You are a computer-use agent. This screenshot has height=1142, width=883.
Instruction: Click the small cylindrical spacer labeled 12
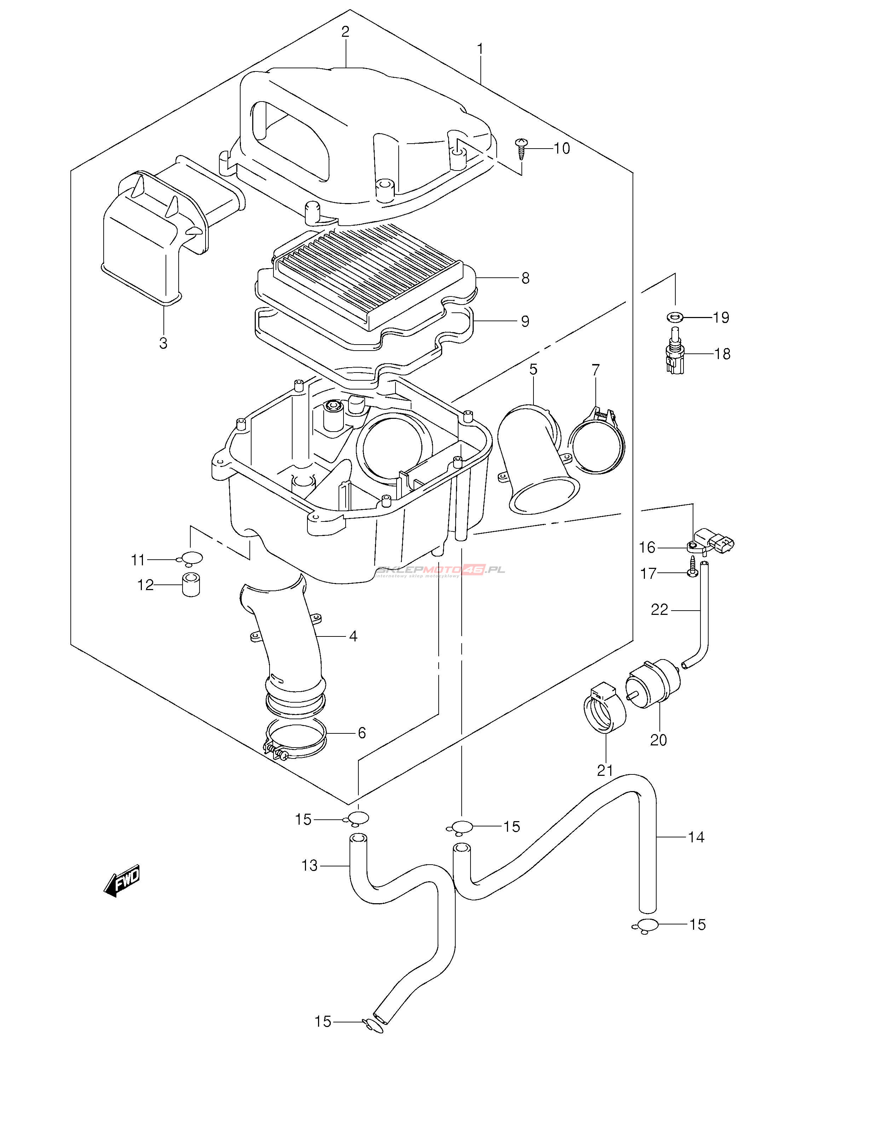click(191, 585)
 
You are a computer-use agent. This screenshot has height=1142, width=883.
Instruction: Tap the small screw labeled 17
click(692, 567)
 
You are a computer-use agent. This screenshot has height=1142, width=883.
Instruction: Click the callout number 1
click(480, 50)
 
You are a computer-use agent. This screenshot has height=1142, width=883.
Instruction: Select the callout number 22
click(659, 610)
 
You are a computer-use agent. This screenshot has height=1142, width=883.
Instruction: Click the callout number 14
click(696, 837)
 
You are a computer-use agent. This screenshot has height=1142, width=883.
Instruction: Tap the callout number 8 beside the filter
click(525, 278)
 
